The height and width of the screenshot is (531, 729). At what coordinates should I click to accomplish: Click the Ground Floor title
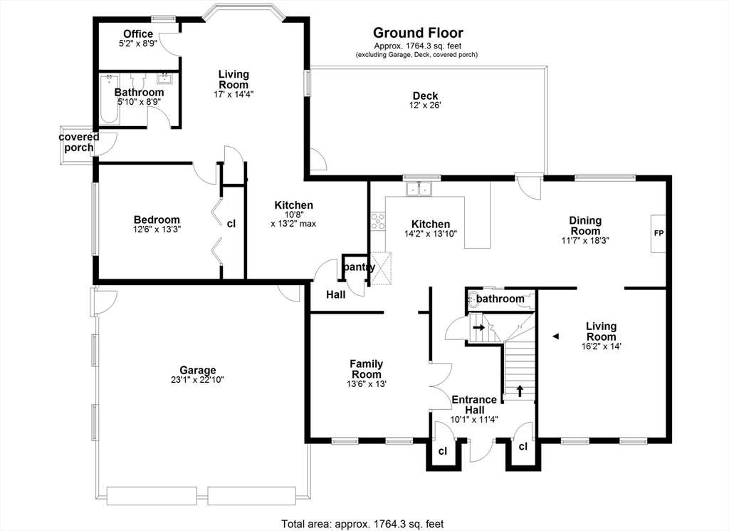[x=418, y=33]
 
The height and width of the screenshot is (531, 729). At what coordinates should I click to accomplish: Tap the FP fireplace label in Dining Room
[x=659, y=234]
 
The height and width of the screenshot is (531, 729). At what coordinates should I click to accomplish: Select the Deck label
[x=426, y=96]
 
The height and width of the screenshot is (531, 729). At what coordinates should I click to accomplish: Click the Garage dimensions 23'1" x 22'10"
[x=198, y=380]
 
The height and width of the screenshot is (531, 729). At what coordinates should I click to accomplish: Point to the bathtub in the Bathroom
[x=110, y=99]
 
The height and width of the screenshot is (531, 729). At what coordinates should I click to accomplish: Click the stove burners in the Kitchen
[x=377, y=221]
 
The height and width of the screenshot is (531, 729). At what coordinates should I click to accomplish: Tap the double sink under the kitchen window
[x=419, y=189]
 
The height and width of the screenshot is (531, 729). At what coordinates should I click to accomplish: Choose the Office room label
[x=138, y=34]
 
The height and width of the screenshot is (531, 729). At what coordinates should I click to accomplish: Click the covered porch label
[x=79, y=143]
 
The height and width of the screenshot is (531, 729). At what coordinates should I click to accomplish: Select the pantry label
[x=359, y=267]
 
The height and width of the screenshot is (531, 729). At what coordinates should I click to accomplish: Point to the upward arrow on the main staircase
[x=520, y=391]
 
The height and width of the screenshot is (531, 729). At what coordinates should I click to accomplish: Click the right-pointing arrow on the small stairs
[x=478, y=327]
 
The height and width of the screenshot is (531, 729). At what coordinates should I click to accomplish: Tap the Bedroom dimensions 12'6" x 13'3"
[x=157, y=230]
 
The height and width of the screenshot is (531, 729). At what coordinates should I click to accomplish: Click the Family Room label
[x=367, y=368]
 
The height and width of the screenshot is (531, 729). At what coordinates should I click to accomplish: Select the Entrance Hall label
[x=474, y=405]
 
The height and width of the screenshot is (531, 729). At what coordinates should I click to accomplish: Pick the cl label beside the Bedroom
[x=231, y=224]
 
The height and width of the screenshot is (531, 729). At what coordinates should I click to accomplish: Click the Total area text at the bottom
[x=362, y=524]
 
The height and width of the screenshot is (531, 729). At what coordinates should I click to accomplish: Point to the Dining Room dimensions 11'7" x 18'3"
[x=585, y=241]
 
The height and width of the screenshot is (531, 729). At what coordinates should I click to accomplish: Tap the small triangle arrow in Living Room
[x=555, y=336]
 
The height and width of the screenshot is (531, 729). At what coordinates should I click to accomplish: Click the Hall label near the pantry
[x=336, y=294]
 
